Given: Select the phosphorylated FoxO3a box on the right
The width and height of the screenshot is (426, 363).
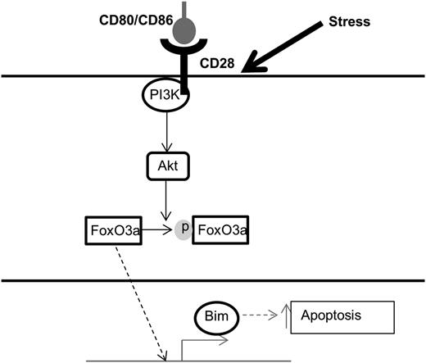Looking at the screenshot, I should click(220, 232).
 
